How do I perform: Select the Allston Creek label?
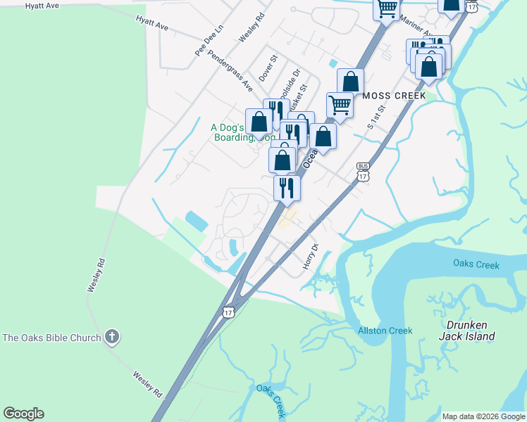click(x=385, y=331)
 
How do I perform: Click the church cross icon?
click(x=111, y=337)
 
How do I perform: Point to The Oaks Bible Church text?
click(x=52, y=338)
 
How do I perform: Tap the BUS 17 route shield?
click(x=363, y=172)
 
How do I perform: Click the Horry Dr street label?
click(x=311, y=257)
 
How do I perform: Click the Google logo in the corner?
click(x=23, y=414)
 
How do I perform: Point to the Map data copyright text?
click(x=483, y=416)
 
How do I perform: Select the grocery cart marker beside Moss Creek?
click(x=340, y=105)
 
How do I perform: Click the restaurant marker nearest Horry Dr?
click(x=287, y=187)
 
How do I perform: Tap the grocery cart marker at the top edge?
click(x=386, y=8)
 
